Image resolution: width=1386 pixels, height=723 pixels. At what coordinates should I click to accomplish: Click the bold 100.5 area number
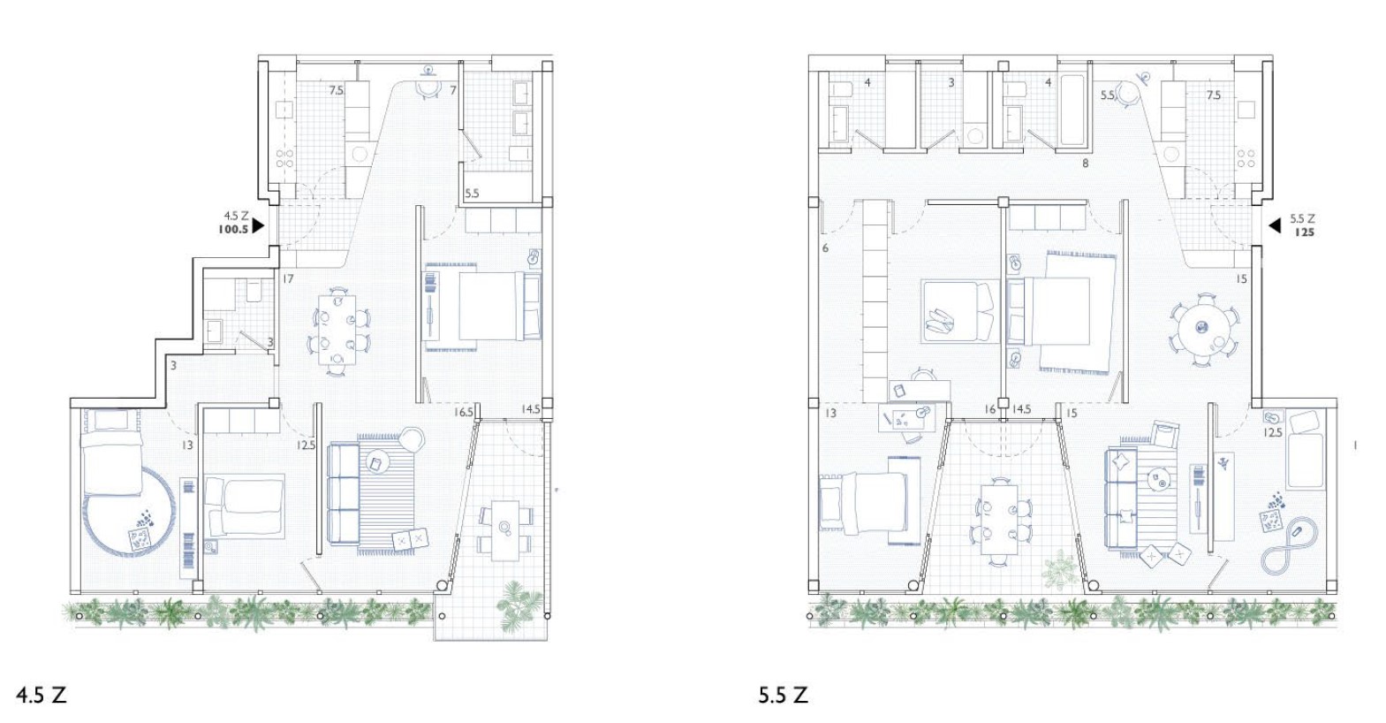(x=232, y=229)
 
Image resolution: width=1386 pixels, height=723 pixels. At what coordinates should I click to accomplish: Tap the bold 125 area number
(x=1304, y=232)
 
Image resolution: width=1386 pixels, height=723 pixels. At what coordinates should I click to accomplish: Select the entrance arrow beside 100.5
(x=257, y=226)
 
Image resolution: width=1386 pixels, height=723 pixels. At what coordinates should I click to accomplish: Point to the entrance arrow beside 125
(x=1275, y=226)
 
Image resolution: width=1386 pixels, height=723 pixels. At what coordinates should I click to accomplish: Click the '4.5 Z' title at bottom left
(x=41, y=695)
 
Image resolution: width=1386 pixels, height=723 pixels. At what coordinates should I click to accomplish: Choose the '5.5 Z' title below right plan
(x=784, y=695)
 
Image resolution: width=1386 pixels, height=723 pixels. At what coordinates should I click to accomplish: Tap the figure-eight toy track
(x=1290, y=548)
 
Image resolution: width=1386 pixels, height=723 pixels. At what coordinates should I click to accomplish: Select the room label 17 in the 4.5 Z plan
(x=288, y=279)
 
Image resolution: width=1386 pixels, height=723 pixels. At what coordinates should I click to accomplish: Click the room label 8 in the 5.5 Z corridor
(x=1086, y=164)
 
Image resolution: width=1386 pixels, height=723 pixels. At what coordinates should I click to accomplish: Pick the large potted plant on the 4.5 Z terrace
(x=519, y=603)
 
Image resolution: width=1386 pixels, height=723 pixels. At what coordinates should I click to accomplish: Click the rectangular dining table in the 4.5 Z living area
(x=337, y=330)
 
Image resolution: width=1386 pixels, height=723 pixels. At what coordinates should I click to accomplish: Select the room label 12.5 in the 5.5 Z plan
(x=1274, y=433)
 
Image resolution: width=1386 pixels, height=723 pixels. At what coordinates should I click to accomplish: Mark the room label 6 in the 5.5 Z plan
(x=825, y=249)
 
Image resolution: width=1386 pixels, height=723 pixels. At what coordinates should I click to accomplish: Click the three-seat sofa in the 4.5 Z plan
(x=344, y=493)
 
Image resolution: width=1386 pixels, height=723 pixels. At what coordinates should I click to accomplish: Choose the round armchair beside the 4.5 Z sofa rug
(x=412, y=440)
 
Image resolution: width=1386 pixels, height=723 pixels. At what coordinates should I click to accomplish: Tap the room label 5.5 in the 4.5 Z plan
(x=472, y=194)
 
